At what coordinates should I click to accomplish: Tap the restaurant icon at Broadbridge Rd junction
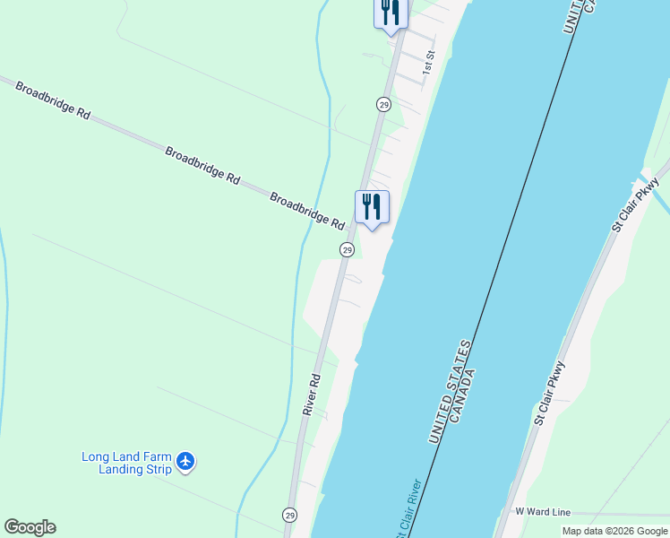(x=372, y=207)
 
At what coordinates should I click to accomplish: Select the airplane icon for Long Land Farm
(x=185, y=461)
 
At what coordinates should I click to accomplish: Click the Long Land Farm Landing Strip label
(x=125, y=463)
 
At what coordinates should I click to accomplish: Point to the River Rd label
(x=311, y=395)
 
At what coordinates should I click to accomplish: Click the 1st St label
(x=429, y=62)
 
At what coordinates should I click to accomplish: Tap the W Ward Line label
(x=543, y=512)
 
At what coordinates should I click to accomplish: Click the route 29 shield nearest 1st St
(x=383, y=105)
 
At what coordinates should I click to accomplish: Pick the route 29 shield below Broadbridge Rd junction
(x=347, y=249)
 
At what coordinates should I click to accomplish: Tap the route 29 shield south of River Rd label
(x=289, y=515)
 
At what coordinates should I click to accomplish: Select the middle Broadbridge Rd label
(x=202, y=166)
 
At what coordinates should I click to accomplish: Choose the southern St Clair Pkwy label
(x=550, y=393)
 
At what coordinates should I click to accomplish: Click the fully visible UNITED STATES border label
(x=451, y=391)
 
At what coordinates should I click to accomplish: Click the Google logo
(x=30, y=527)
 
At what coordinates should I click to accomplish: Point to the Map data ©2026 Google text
(x=614, y=531)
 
